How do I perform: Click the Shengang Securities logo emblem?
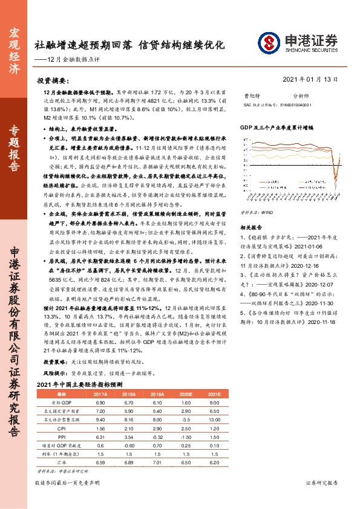pyautogui.click(x=268, y=42)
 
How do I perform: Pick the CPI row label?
pyautogui.click(x=62, y=427)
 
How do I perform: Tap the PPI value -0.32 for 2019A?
pyautogui.click(x=157, y=436)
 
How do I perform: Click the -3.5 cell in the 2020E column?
pyautogui.click(x=186, y=418)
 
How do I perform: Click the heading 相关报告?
pyautogui.click(x=250, y=210)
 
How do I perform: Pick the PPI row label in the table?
pyautogui.click(x=62, y=436)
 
